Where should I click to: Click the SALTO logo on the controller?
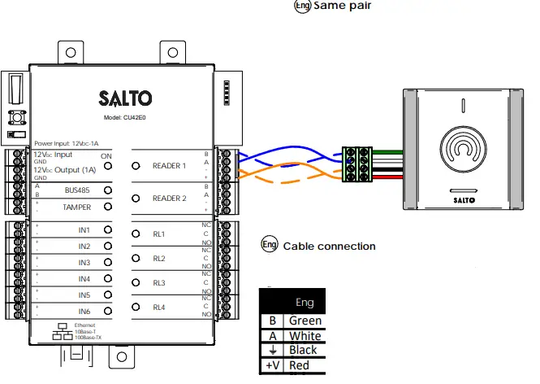tap(124, 98)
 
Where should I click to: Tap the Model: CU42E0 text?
tap(125, 117)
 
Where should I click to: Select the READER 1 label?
tap(170, 166)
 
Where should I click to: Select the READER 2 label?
tap(170, 199)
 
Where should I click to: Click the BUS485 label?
tap(78, 190)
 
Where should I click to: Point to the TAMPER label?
tap(78, 207)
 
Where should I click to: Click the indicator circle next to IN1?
tap(107, 230)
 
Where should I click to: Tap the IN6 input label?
tap(84, 312)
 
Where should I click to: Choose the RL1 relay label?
tap(159, 234)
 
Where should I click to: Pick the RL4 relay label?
tap(159, 308)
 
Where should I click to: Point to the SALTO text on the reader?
tap(463, 199)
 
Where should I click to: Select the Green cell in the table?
tap(305, 321)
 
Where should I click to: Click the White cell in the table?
tap(305, 335)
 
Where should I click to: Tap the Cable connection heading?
tap(329, 246)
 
